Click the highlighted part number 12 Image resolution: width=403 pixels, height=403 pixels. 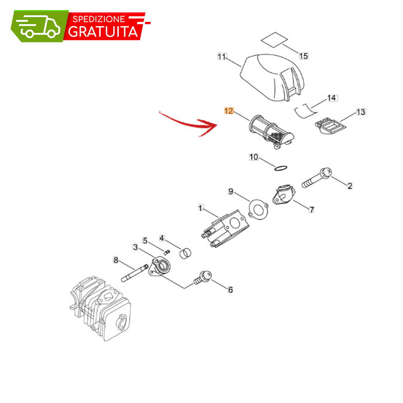(229, 111)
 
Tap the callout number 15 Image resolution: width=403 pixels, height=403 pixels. (303, 56)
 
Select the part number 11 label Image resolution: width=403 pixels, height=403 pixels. (222, 56)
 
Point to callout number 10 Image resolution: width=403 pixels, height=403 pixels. (253, 157)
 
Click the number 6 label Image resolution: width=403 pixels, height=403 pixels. (230, 290)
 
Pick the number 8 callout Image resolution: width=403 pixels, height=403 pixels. (116, 260)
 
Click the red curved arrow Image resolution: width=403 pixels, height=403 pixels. (189, 124)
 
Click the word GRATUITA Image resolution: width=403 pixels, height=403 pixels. (103, 31)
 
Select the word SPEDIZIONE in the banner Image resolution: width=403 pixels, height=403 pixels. (99, 19)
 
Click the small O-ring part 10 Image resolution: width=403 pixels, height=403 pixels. (280, 168)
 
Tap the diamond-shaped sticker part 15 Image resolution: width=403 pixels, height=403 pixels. (274, 39)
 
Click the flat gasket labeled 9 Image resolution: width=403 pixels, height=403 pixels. (258, 210)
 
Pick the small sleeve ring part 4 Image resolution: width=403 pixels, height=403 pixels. (185, 253)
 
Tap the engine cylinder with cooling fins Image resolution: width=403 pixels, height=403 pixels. (101, 308)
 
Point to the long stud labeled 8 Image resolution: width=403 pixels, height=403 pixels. (135, 273)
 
